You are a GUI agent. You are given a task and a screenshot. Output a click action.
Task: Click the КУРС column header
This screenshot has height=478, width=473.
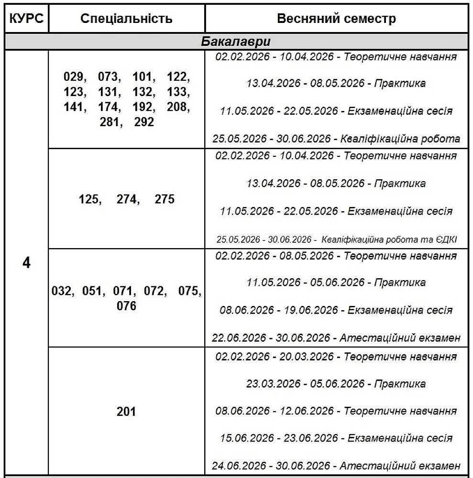(x=26, y=19)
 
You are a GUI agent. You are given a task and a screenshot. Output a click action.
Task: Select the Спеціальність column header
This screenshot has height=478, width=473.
(x=126, y=19)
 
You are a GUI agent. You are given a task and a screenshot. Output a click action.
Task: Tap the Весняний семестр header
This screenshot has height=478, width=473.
(x=336, y=19)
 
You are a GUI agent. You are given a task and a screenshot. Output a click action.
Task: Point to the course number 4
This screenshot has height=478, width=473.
(x=26, y=263)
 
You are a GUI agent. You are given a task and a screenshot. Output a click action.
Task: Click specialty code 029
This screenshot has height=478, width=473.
(x=74, y=77)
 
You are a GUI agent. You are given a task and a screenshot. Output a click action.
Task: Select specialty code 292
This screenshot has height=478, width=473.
(x=144, y=122)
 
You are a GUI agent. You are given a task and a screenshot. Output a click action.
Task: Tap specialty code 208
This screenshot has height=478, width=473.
(x=178, y=107)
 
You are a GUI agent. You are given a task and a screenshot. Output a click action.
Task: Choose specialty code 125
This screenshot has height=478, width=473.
(x=89, y=199)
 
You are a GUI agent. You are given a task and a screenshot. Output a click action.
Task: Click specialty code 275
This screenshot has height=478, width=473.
(x=165, y=199)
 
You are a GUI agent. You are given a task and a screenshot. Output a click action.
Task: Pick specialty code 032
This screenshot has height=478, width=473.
(x=62, y=291)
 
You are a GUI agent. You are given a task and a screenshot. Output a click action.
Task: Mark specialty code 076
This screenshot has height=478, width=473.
(x=126, y=305)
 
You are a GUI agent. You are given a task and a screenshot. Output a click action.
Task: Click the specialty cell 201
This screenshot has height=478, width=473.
(x=126, y=412)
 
